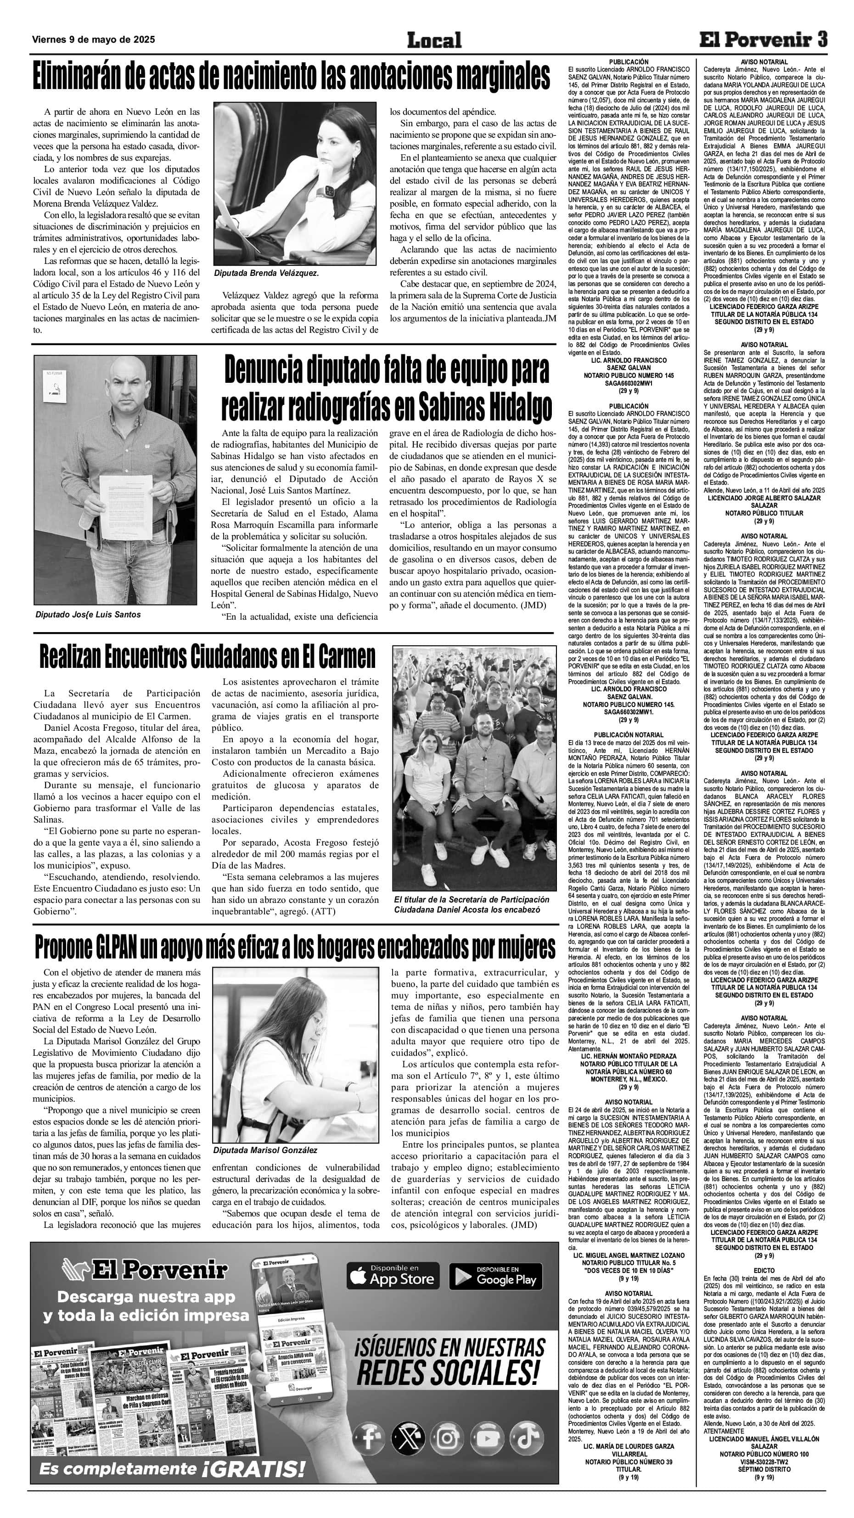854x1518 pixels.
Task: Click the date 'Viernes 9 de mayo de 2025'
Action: click(x=94, y=39)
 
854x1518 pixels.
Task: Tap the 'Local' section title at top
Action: click(x=434, y=40)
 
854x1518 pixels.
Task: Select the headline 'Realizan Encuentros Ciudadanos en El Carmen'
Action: click(x=207, y=656)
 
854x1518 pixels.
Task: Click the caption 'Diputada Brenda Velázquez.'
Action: click(x=266, y=273)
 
